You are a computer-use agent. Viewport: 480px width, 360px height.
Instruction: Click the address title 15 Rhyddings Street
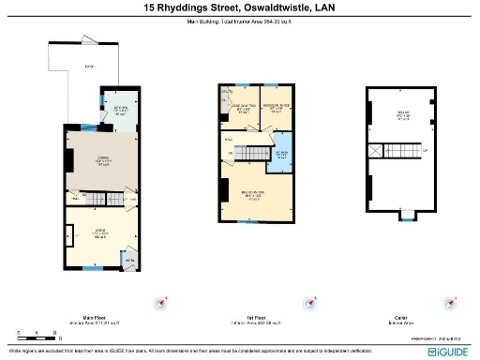point(239,8)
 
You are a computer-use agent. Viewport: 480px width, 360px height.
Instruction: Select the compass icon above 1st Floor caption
point(308,303)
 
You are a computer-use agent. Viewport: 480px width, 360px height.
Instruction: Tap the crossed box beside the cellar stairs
point(377,150)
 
